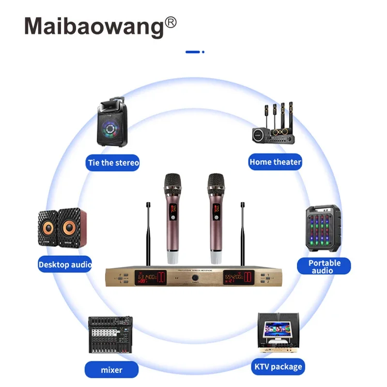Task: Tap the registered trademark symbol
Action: pyautogui.click(x=171, y=22)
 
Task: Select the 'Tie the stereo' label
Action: pyautogui.click(x=113, y=162)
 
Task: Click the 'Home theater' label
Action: pyautogui.click(x=275, y=162)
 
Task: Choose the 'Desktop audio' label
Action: pyautogui.click(x=65, y=264)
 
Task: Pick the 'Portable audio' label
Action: pyautogui.click(x=325, y=266)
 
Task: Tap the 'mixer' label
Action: pyautogui.click(x=111, y=370)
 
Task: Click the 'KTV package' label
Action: pyautogui.click(x=279, y=366)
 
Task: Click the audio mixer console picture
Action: pyautogui.click(x=110, y=335)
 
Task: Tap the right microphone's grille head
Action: pyautogui.click(x=216, y=182)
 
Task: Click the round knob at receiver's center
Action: pyautogui.click(x=195, y=279)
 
